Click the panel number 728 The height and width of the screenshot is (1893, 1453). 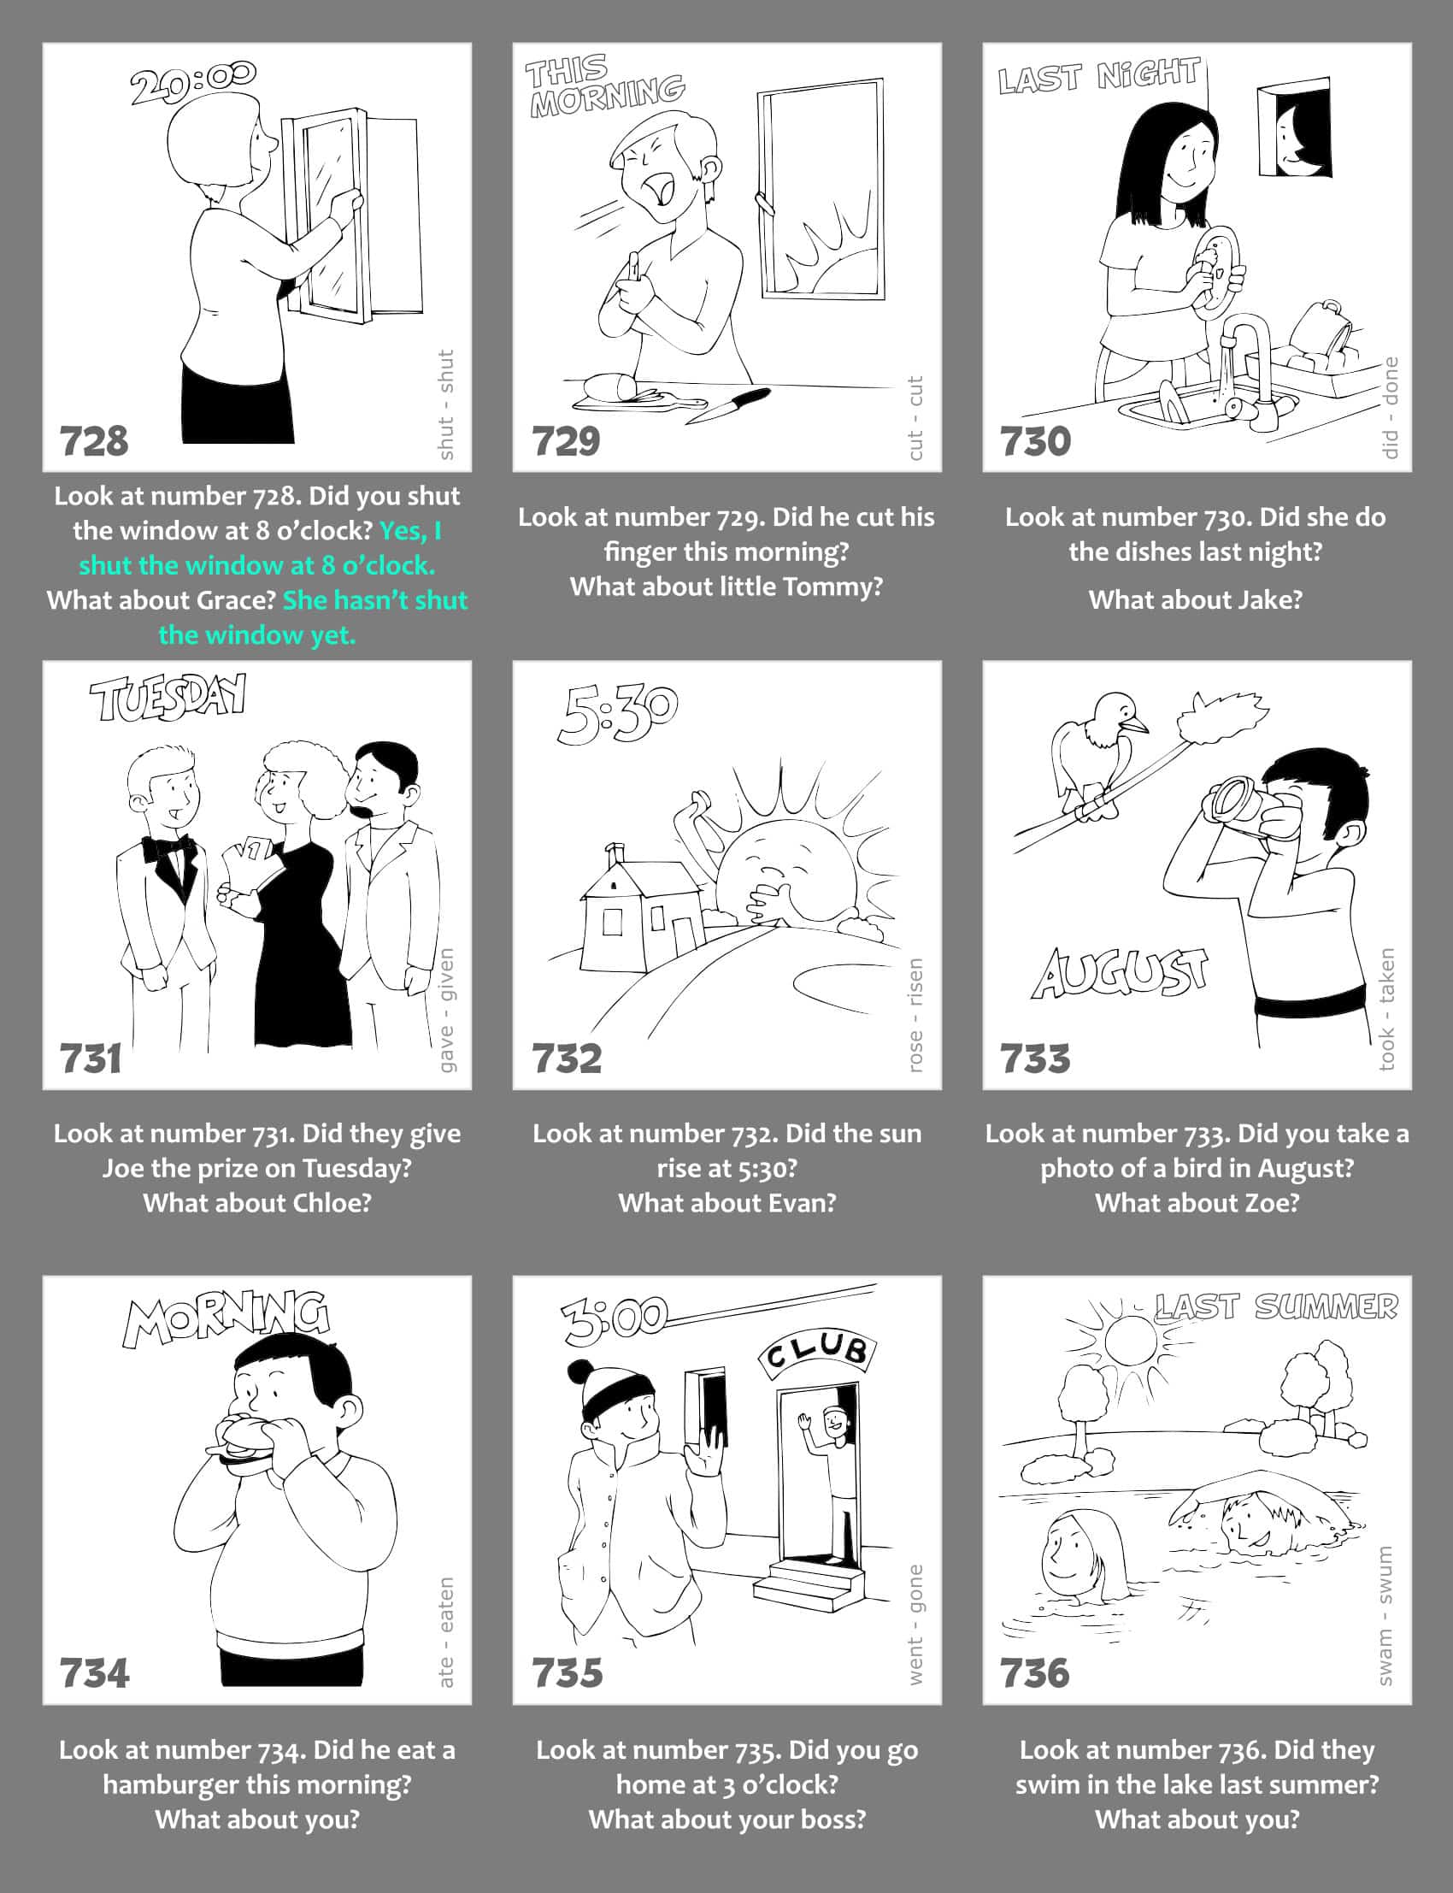[x=93, y=441]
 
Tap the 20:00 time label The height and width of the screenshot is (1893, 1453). [x=193, y=82]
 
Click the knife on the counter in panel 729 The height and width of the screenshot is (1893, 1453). [x=727, y=405]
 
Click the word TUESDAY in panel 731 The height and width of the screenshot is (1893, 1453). [x=168, y=699]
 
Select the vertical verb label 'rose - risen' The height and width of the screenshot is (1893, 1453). [x=915, y=1015]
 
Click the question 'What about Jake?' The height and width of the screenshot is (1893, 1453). [x=1195, y=599]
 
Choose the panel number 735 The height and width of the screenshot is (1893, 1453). [x=568, y=1672]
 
